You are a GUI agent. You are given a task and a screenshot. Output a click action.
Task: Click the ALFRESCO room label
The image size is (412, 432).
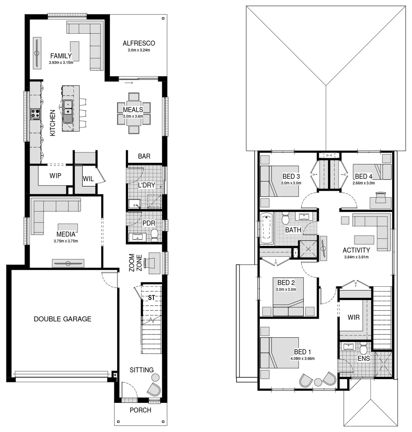139,43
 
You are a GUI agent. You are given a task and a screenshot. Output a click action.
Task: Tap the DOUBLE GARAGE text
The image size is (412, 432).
62,319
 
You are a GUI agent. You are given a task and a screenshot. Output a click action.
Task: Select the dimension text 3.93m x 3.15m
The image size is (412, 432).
61,62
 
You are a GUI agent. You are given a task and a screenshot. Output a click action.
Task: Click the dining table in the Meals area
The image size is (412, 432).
134,114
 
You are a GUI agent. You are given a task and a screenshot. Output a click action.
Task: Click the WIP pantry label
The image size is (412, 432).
55,176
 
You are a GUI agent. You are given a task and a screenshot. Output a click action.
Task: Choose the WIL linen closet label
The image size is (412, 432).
88,179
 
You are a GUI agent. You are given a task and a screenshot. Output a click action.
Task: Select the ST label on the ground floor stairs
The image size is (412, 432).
151,298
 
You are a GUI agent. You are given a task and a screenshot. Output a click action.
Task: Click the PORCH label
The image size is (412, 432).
141,410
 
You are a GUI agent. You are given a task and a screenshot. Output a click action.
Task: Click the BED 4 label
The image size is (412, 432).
363,176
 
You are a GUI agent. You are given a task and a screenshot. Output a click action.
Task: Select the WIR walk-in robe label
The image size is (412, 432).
354,318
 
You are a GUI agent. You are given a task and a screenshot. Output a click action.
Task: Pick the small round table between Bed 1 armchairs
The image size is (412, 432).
318,382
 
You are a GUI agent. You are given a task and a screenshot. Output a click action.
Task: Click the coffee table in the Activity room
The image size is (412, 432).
364,240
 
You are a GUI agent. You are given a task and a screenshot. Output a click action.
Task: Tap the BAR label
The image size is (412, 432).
144,156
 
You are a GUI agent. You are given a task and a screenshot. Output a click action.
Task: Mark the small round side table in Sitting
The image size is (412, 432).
155,376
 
